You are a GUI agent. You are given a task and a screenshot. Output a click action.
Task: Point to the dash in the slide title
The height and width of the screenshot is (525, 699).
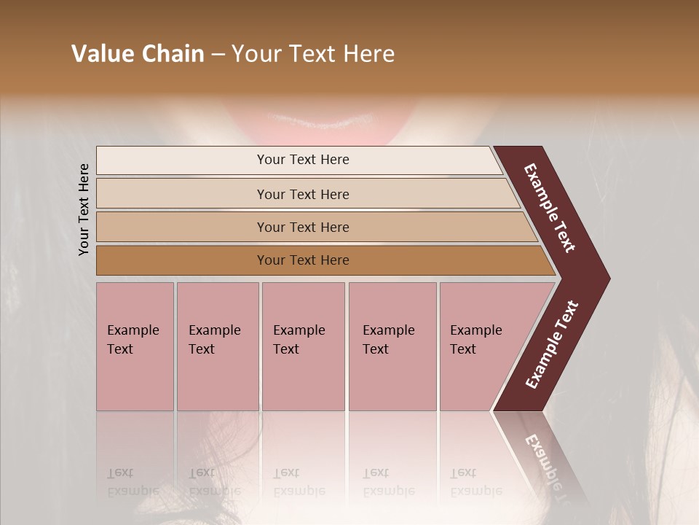[218, 55]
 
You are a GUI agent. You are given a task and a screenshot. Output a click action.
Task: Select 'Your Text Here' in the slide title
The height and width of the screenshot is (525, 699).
[313, 54]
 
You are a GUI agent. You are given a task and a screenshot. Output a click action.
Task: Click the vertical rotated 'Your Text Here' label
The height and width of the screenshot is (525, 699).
[84, 209]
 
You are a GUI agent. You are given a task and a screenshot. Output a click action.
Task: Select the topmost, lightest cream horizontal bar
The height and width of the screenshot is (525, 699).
[299, 160]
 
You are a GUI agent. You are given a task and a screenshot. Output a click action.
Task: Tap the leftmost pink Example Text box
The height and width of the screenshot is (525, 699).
[135, 346]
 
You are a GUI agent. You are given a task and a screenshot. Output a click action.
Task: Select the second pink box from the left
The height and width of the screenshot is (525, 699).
[217, 346]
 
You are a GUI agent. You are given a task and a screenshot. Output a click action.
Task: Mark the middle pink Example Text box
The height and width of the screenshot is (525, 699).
[303, 346]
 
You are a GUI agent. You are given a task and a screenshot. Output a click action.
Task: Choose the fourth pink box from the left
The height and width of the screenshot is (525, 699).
[392, 346]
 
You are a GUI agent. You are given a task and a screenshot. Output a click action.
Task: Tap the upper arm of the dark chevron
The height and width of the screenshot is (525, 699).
[550, 208]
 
